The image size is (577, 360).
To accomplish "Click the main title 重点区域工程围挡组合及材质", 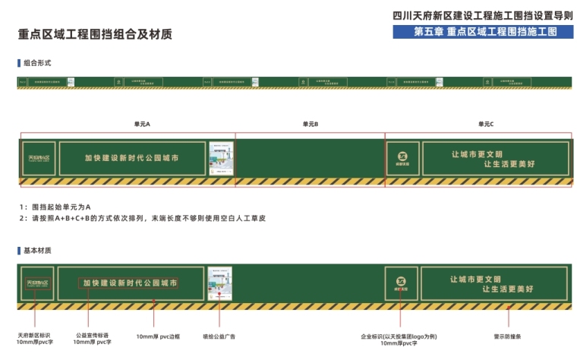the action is click(x=95, y=34).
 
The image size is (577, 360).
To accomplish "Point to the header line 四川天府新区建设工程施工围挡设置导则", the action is click(x=483, y=15).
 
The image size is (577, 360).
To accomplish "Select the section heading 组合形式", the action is click(x=37, y=62).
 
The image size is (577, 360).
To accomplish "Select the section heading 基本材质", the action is click(x=37, y=250).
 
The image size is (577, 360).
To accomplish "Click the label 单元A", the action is click(x=142, y=124).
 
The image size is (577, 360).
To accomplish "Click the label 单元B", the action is click(x=310, y=124).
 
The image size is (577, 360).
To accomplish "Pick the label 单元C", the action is click(x=485, y=124).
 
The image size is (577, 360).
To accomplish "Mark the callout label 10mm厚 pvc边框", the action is click(x=157, y=336).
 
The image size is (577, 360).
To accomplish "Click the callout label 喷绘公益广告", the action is click(x=219, y=336).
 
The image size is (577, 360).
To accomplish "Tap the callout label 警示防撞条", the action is click(x=507, y=336).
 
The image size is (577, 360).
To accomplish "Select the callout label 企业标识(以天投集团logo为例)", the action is click(x=399, y=336).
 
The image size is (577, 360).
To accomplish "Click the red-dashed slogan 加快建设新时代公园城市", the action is click(x=130, y=283).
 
